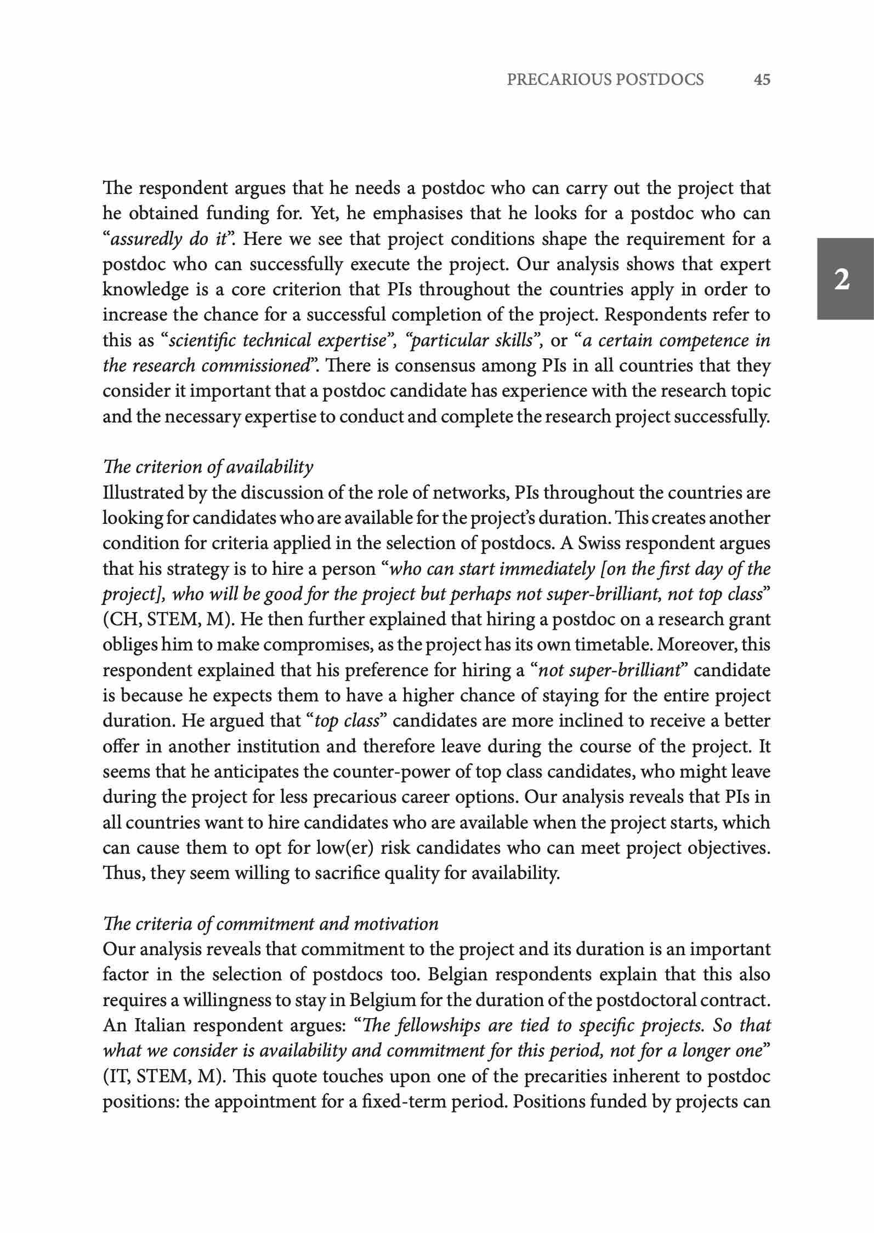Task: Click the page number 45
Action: [x=762, y=80]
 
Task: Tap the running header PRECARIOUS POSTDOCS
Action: [x=605, y=80]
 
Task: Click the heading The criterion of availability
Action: [x=208, y=467]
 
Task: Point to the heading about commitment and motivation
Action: [x=270, y=924]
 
